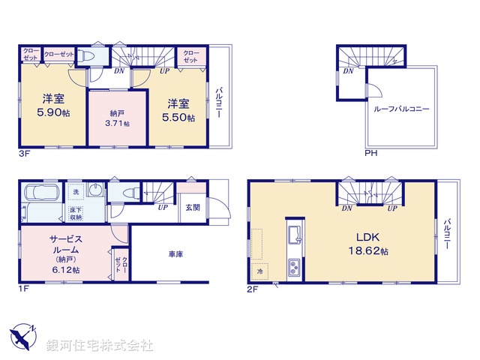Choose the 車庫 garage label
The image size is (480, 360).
176,254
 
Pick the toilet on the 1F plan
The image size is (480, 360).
130,193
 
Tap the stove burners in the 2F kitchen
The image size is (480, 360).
294,265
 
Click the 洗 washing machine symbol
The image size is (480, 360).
76,193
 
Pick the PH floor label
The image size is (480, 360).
370,154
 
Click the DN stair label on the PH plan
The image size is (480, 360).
348,71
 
